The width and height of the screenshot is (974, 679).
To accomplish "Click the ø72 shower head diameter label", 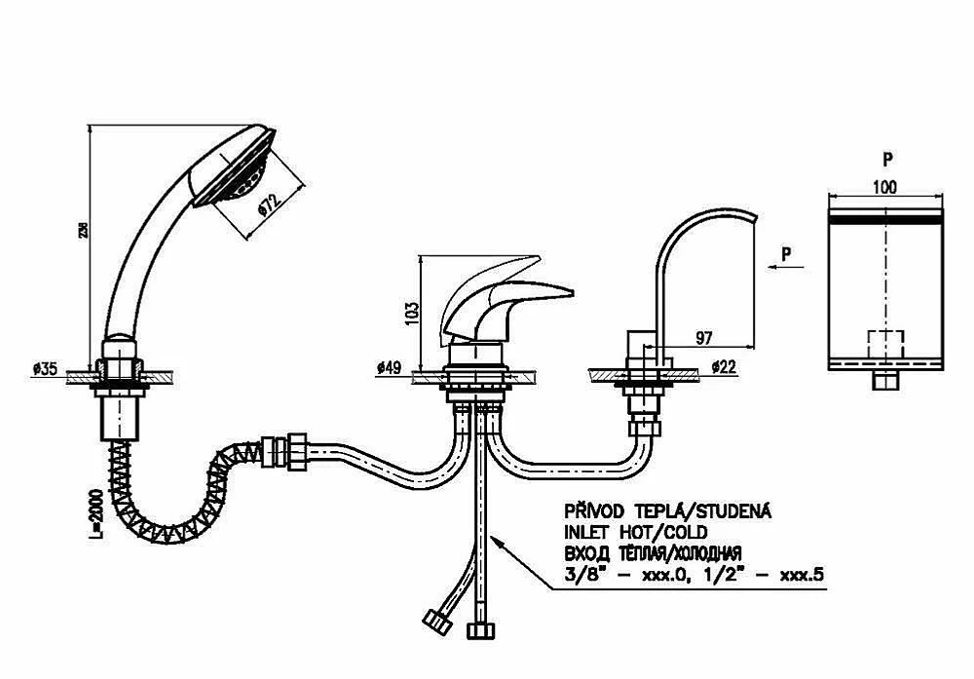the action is pos(269,205).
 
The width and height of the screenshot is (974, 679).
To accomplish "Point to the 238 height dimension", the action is pos(84,230).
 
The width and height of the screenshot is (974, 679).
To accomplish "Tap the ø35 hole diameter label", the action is pos(45,369).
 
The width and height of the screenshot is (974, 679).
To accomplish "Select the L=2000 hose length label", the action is pos(95,513).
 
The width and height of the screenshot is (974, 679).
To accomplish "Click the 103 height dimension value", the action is pos(411,313).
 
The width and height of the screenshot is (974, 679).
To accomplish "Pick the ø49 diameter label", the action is pos(389,368).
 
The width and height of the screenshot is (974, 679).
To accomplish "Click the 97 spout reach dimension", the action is pos(704,338).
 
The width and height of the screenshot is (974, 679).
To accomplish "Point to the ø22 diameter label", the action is pos(724,366).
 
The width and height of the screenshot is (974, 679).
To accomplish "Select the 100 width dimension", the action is pos(884,186).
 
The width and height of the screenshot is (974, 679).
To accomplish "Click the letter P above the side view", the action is pos(887,160).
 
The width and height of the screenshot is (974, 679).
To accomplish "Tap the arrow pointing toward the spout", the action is pos(786,267).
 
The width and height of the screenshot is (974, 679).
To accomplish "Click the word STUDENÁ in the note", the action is pos(733,511).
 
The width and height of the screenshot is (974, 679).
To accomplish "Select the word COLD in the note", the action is pos(686,532).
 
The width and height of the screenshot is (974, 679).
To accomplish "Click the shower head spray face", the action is pos(235,168).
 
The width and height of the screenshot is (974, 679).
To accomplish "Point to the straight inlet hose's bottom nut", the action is pos(481,630).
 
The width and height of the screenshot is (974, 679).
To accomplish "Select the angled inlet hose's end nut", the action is pos(437,622).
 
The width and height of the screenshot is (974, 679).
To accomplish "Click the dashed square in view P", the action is pos(885,344).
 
